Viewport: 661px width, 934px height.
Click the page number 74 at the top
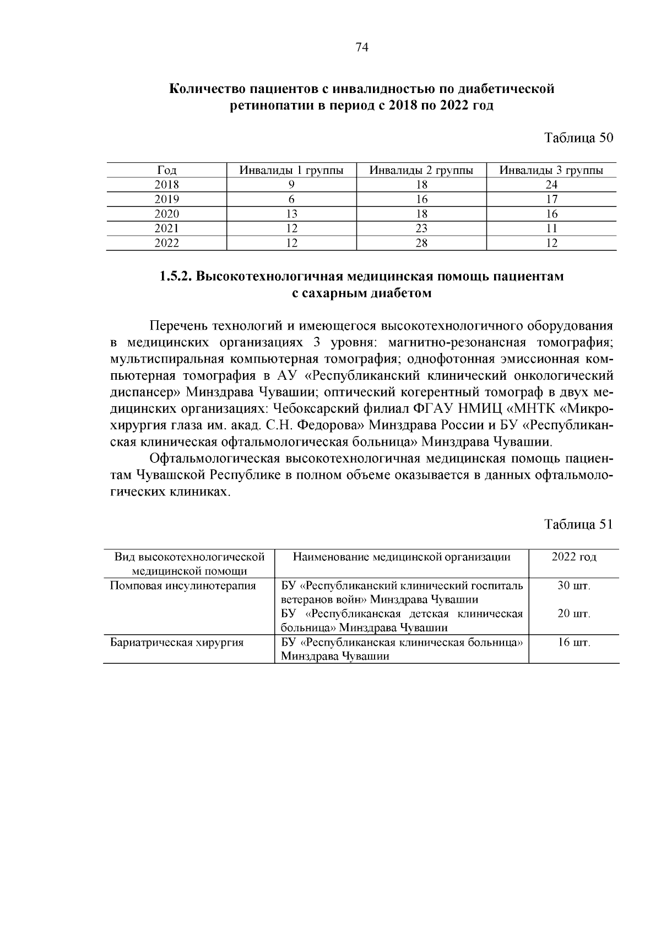361,48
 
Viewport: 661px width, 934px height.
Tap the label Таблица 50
578,138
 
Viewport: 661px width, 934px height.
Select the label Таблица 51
578,525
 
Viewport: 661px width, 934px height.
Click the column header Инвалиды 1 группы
291,171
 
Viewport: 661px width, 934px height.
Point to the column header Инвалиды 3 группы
551,171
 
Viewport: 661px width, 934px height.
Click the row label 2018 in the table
166,185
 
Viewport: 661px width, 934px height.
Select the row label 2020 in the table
166,214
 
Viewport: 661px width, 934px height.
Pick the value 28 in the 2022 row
421,243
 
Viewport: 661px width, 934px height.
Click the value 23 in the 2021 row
421,228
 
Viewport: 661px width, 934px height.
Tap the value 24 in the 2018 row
551,185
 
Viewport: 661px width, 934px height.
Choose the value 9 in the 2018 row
291,185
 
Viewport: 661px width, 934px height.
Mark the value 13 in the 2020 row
291,214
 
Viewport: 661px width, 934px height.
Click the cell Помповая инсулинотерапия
183,586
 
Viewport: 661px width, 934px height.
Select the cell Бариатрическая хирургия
177,642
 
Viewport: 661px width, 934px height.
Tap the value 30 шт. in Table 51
574,586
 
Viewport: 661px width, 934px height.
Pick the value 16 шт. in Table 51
574,642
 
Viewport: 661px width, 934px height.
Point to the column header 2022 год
574,557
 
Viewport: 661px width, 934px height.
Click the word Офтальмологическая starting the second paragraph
215,459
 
